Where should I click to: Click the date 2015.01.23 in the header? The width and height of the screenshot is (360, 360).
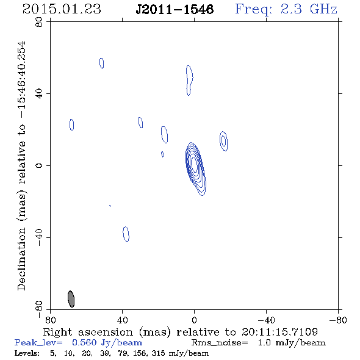tap(62, 9)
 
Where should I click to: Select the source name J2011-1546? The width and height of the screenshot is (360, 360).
tap(175, 9)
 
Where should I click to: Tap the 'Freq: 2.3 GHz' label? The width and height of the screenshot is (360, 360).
tap(286, 9)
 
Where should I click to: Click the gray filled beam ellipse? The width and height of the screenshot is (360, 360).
tap(71, 299)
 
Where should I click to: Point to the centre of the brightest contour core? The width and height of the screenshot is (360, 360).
tap(194, 164)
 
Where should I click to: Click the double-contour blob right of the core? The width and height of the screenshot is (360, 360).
tap(223, 141)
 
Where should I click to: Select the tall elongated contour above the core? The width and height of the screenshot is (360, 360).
tap(189, 81)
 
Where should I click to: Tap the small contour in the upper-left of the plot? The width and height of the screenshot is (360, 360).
tap(102, 63)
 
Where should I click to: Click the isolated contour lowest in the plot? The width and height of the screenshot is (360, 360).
tap(126, 234)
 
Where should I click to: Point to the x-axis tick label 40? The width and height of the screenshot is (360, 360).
tap(122, 320)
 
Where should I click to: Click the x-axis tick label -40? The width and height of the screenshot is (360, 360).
tap(266, 320)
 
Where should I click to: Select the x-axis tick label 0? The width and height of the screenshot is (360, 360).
tap(194, 320)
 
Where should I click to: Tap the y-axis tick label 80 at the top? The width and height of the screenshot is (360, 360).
tap(39, 22)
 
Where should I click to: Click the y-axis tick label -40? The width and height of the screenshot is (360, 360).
tap(39, 237)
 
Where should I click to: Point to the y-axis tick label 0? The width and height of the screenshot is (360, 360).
tap(39, 165)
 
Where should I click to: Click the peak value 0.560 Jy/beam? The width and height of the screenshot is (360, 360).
tap(107, 343)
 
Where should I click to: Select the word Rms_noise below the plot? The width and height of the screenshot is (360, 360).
tap(220, 343)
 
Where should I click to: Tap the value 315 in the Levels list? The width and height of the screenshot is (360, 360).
tap(158, 353)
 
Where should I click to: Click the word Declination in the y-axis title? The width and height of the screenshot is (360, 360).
tap(21, 259)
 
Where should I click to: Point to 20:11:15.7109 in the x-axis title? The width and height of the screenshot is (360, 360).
tap(279, 332)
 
